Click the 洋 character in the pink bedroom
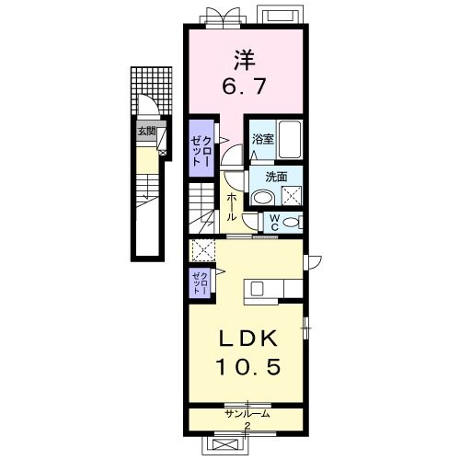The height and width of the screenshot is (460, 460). pyautogui.click(x=245, y=60)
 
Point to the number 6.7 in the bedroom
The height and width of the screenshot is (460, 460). pyautogui.click(x=243, y=86)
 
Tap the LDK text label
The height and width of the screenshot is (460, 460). pyautogui.click(x=248, y=338)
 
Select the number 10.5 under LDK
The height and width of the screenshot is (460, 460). pyautogui.click(x=248, y=367)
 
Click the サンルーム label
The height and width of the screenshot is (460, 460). pyautogui.click(x=247, y=414)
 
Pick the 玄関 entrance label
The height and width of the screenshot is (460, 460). pyautogui.click(x=146, y=132)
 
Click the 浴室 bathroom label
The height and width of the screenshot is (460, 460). pyautogui.click(x=262, y=140)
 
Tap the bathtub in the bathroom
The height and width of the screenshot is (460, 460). pyautogui.click(x=290, y=140)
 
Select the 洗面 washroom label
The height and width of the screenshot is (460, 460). pyautogui.click(x=276, y=177)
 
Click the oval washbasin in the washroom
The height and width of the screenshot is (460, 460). pyautogui.click(x=262, y=198)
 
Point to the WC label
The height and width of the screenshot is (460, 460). pyautogui.click(x=275, y=223)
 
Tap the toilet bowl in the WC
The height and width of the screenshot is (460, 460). pyautogui.click(x=291, y=222)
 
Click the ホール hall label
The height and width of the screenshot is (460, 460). pyautogui.click(x=232, y=208)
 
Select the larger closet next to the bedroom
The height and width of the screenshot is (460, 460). pyautogui.click(x=201, y=148)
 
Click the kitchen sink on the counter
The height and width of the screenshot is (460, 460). pyautogui.click(x=256, y=289)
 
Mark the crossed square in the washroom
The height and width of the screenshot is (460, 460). pyautogui.click(x=292, y=196)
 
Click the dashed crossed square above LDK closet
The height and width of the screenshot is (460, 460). pyautogui.click(x=201, y=250)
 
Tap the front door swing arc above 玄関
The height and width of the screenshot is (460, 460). pyautogui.click(x=149, y=104)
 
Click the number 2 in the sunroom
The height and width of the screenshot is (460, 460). pyautogui.click(x=247, y=425)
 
